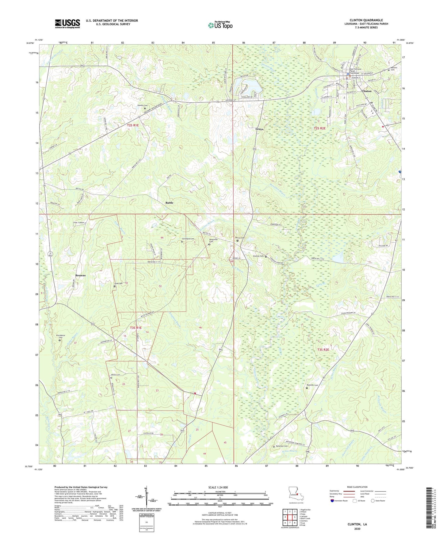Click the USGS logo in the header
[x=67, y=24]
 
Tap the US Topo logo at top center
[x=220, y=25]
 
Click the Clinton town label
[x=366, y=91]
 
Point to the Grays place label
[x=259, y=129]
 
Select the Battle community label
[x=169, y=203]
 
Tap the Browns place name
[x=80, y=275]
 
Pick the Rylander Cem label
[x=312, y=385]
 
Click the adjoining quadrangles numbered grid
[x=290, y=518]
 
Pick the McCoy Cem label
[x=240, y=238]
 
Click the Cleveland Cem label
[x=188, y=239]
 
